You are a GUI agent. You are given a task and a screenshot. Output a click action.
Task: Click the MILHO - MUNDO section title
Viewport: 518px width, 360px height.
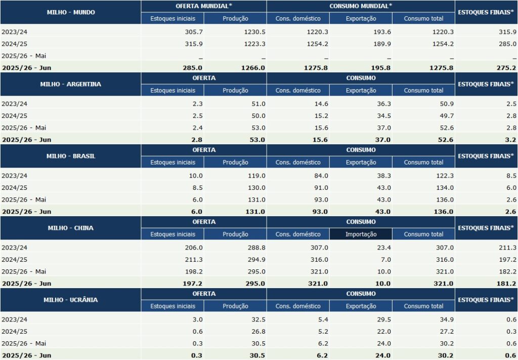70,12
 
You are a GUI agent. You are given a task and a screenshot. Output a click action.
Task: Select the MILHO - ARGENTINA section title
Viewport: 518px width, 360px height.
70,84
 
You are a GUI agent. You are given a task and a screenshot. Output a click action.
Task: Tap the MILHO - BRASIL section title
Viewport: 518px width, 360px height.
70,156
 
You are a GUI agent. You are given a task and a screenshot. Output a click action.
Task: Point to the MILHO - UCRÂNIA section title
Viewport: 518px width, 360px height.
70,300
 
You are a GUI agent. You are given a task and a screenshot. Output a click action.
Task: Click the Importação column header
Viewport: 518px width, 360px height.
361,234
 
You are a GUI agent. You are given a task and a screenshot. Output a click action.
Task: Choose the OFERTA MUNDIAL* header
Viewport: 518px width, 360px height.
203,6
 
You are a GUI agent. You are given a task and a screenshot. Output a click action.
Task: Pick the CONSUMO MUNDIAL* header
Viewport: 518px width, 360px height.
361,6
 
